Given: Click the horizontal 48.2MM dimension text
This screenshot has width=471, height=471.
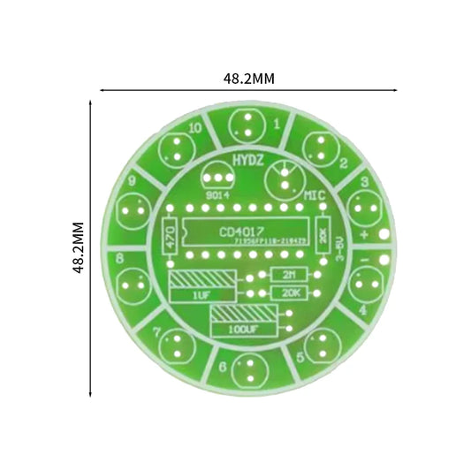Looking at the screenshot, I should tap(248, 79).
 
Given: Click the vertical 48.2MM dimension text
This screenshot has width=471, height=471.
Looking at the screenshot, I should tap(79, 248).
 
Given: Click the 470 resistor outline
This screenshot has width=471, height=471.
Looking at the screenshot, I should tap(172, 235).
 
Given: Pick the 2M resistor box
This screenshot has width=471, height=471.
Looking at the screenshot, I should tap(289, 274).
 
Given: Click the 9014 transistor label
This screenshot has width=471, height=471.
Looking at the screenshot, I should tap(217, 194).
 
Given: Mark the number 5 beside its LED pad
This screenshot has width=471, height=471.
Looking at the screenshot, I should tap(300, 357).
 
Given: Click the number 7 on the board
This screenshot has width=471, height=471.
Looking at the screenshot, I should tap(156, 333).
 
